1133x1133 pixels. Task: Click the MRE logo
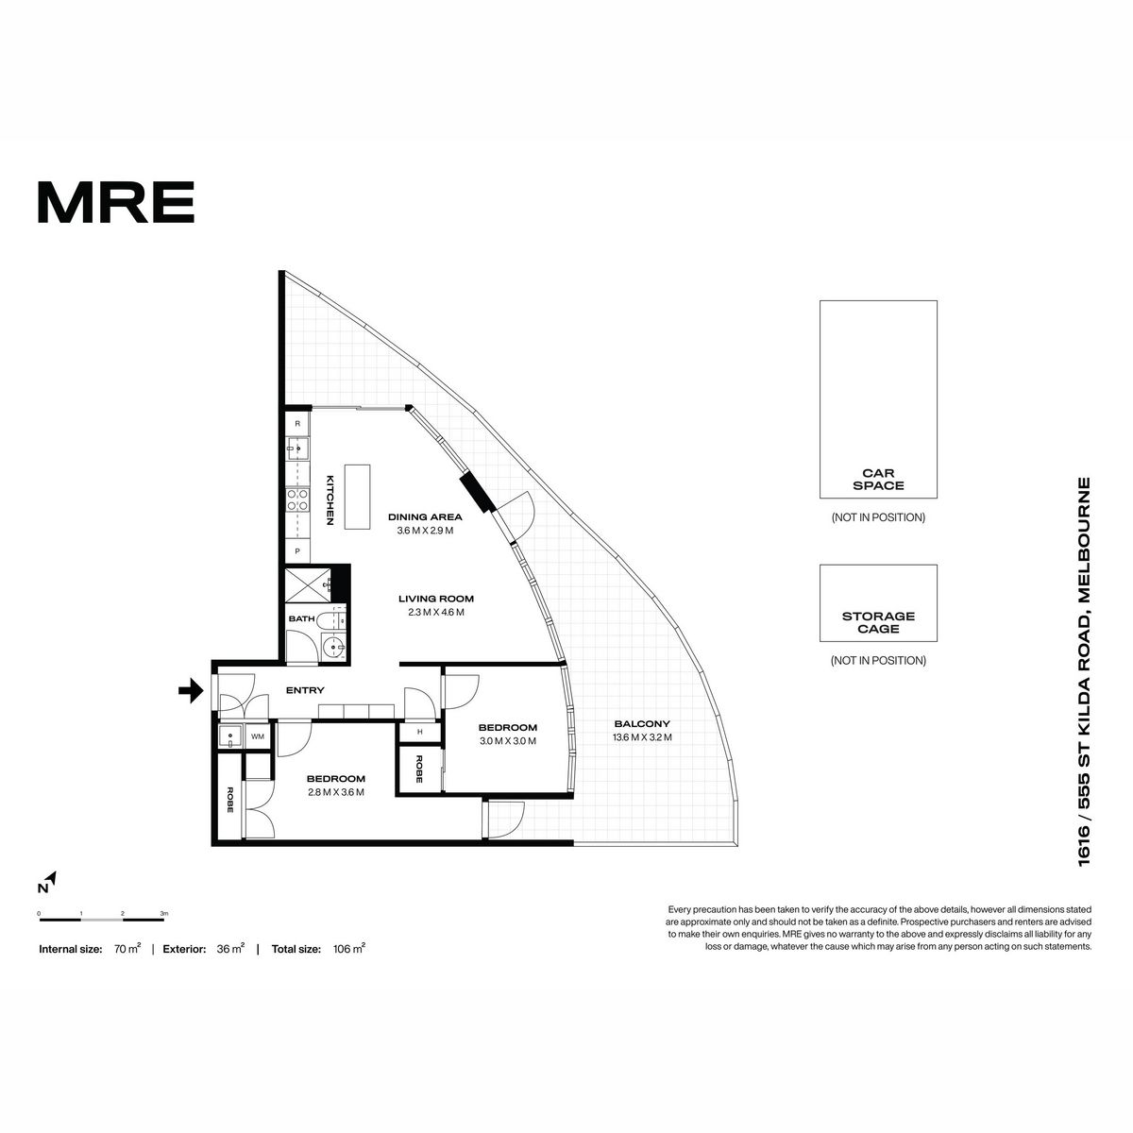pyautogui.click(x=116, y=202)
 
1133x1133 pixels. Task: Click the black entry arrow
pyautogui.click(x=191, y=690)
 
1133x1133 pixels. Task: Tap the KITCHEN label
pyautogui.click(x=330, y=500)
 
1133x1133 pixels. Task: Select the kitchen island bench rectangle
pyautogui.click(x=357, y=497)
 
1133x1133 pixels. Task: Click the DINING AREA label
pyautogui.click(x=425, y=517)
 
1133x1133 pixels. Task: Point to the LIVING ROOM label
pyautogui.click(x=436, y=600)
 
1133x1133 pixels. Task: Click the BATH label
pyautogui.click(x=301, y=619)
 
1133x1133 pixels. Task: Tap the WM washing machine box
pyautogui.click(x=258, y=736)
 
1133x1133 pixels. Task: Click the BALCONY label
pyautogui.click(x=642, y=724)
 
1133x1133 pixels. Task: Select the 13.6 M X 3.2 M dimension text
pyautogui.click(x=642, y=737)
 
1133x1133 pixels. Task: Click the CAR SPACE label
pyautogui.click(x=878, y=480)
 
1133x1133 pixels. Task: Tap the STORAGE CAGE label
pyautogui.click(x=878, y=622)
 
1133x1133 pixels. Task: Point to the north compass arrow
pyautogui.click(x=51, y=878)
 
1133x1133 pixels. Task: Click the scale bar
pyautogui.click(x=102, y=919)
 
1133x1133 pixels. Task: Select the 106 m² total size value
pyautogui.click(x=349, y=949)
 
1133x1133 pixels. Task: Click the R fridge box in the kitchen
pyautogui.click(x=297, y=423)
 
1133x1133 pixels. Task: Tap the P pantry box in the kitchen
pyautogui.click(x=297, y=551)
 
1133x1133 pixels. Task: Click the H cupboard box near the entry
pyautogui.click(x=420, y=732)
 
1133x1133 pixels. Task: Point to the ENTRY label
pyautogui.click(x=305, y=690)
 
